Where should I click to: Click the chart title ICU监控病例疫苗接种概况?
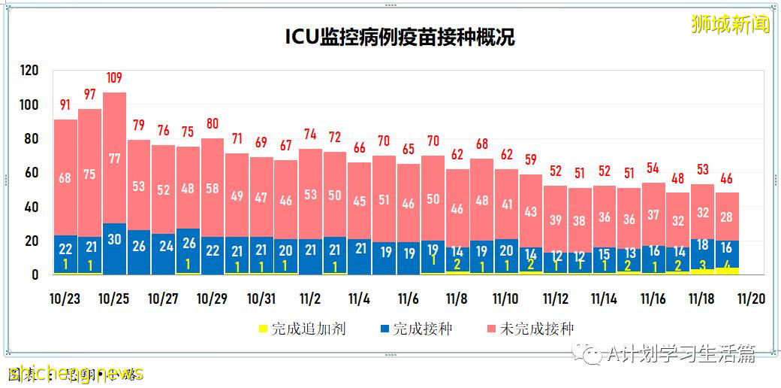(x=400, y=38)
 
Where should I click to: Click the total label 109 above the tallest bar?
(x=114, y=77)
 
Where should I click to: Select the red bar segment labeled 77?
(x=114, y=158)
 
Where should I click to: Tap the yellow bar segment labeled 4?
(x=727, y=271)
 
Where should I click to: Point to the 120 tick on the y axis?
(x=29, y=70)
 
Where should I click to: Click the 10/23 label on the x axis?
(x=65, y=299)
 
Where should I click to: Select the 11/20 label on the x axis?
(x=751, y=299)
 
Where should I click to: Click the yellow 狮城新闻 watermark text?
(x=731, y=24)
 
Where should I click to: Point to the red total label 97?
(x=89, y=94)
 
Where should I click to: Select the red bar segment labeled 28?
(x=727, y=217)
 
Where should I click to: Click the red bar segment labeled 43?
(x=531, y=211)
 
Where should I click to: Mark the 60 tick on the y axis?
(x=29, y=173)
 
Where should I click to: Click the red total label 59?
(x=531, y=159)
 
